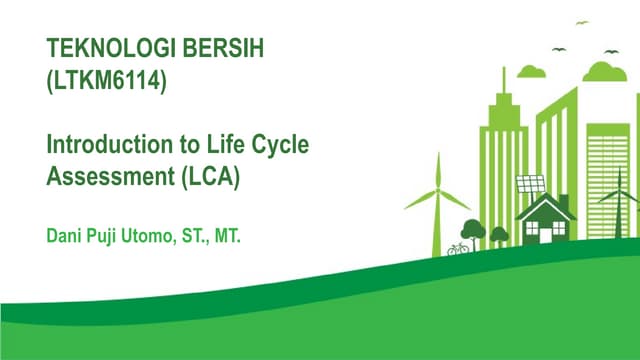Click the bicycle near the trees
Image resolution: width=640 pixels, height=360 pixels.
tap(458, 247)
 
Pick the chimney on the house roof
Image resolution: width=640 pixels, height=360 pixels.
tap(562, 199)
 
